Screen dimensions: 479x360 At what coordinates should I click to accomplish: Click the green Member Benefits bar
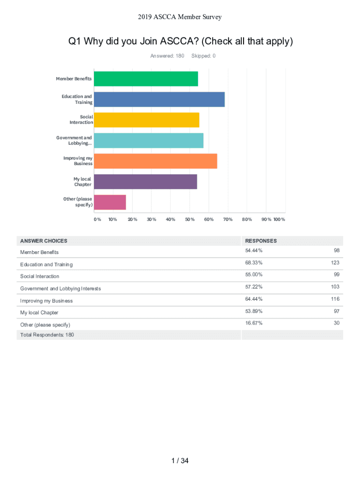(146, 79)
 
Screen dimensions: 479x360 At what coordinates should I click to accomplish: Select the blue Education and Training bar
(159, 99)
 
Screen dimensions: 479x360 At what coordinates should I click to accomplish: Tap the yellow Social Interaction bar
(146, 120)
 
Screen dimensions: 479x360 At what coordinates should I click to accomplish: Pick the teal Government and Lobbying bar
(149, 140)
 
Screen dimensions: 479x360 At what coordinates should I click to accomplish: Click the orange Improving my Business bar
(155, 161)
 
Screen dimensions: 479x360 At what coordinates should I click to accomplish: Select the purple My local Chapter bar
(145, 181)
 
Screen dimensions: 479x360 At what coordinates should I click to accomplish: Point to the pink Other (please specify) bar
(110, 202)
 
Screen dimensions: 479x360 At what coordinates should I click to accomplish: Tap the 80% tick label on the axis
(247, 219)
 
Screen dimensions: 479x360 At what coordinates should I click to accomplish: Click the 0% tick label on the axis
(97, 219)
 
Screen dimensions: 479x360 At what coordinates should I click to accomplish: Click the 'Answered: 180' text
(167, 56)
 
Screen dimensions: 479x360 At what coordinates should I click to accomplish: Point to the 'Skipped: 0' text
(203, 56)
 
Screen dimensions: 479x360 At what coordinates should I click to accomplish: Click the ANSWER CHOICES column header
(43, 241)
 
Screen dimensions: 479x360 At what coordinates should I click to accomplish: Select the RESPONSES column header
(261, 241)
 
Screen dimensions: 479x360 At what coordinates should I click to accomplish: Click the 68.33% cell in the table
(254, 263)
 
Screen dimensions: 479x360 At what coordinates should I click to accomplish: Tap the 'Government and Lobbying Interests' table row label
(60, 289)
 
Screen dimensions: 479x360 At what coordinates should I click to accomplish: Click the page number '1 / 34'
(180, 461)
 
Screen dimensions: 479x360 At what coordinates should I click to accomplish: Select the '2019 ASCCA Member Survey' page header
(180, 17)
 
